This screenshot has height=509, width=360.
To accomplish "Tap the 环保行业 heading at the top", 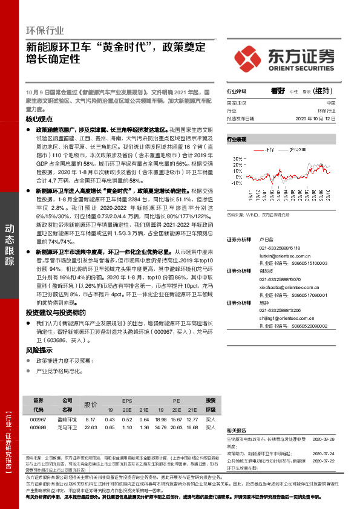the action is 45,30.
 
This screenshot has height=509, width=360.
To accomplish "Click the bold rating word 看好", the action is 278,91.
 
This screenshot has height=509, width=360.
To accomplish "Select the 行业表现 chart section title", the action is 237,140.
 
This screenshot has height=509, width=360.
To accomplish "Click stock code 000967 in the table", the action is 38,420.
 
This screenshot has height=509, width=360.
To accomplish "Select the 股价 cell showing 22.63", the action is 91,427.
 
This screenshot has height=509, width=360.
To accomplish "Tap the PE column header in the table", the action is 177,400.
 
